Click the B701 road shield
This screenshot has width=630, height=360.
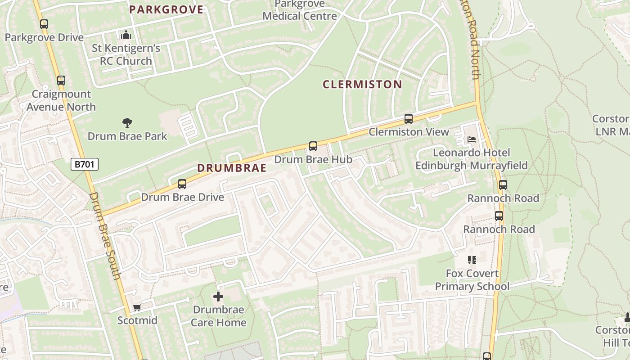click(85, 164)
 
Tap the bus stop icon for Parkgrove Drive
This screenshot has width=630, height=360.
click(44, 24)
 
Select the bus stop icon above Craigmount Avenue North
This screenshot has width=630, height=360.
click(61, 81)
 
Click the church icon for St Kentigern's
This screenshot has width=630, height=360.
click(126, 35)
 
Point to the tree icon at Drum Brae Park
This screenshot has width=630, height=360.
click(127, 122)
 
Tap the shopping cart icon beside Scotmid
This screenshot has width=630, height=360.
click(137, 307)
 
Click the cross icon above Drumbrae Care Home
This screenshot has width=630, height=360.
click(218, 296)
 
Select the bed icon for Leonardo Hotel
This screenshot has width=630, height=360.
click(471, 139)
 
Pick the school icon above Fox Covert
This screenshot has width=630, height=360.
click(472, 260)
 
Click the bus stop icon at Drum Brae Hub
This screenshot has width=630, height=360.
click(313, 146)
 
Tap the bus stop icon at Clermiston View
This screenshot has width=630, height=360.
click(409, 119)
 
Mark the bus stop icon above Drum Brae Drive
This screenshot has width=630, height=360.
click(182, 184)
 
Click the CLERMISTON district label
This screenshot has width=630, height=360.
click(362, 84)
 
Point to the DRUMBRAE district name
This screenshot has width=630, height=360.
click(232, 168)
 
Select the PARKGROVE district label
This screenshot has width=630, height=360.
click(166, 9)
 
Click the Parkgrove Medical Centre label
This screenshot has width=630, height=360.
click(300, 10)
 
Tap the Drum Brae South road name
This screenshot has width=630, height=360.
click(105, 236)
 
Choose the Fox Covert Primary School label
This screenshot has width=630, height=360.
click(472, 280)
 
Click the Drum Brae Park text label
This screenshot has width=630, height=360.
click(127, 136)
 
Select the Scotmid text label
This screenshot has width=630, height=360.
click(137, 320)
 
